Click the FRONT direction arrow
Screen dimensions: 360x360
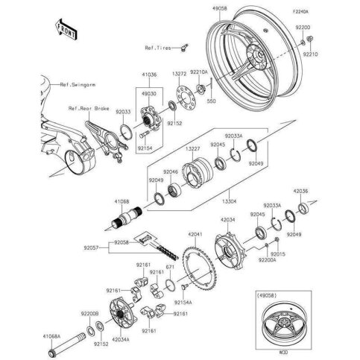(x=63, y=30)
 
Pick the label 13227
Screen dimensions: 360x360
(x=192, y=149)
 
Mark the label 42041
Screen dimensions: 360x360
(x=195, y=232)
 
